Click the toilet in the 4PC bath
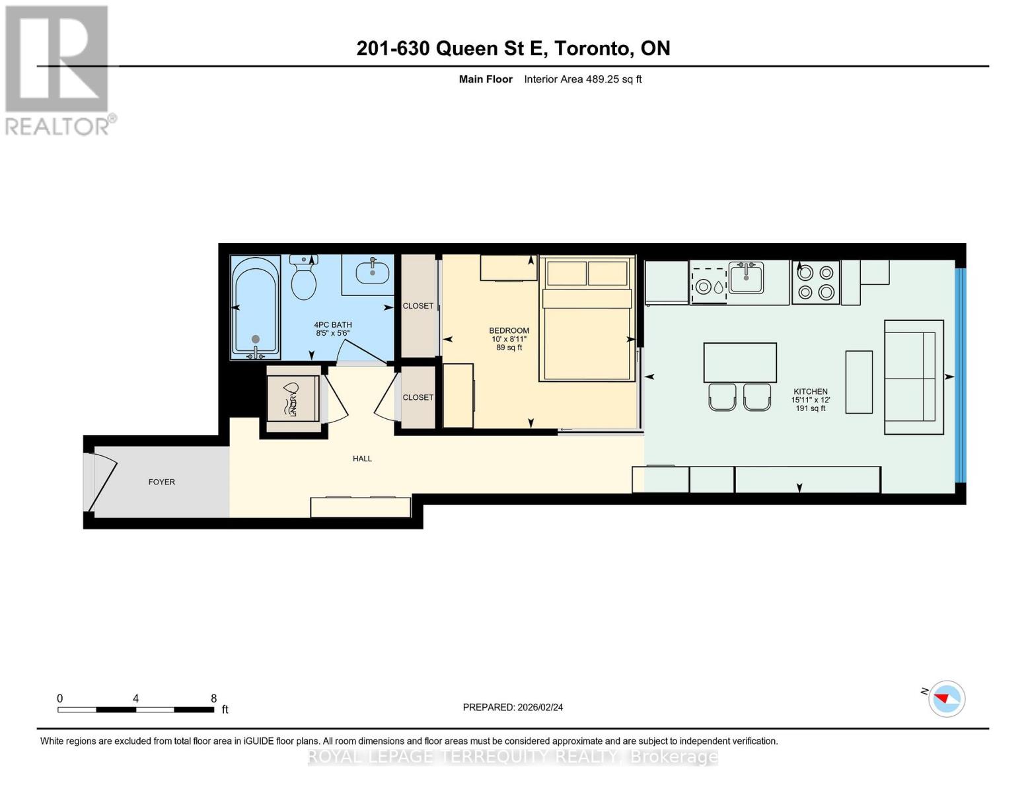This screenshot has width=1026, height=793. click(x=304, y=280)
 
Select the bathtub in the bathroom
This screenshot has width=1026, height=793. click(x=255, y=307)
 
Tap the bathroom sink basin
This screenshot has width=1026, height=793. click(x=372, y=271)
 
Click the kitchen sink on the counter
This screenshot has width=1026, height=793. click(x=746, y=278)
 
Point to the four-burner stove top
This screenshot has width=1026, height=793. click(x=815, y=282)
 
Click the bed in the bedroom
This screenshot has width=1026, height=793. click(x=586, y=324)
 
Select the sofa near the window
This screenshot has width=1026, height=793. click(x=914, y=377)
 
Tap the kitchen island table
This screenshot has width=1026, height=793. click(x=739, y=362)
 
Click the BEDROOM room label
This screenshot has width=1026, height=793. click(x=509, y=330)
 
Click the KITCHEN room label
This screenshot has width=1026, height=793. click(x=810, y=391)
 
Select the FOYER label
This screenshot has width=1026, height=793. click(x=162, y=482)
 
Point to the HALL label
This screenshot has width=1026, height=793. click(x=362, y=459)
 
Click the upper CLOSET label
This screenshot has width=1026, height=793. click(x=418, y=306)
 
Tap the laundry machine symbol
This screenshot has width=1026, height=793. click(x=292, y=398)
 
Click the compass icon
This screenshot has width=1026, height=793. click(x=946, y=699)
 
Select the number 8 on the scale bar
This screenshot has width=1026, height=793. click(x=213, y=699)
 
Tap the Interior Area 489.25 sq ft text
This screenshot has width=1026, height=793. click(x=583, y=79)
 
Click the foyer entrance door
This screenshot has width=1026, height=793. click(x=102, y=479)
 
